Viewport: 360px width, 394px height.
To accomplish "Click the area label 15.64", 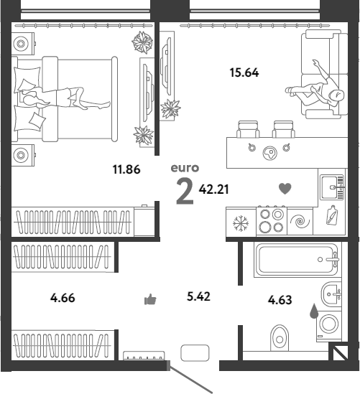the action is [244, 72].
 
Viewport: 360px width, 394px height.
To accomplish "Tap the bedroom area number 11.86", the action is [126, 169].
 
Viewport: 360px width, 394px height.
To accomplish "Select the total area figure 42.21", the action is [214, 189].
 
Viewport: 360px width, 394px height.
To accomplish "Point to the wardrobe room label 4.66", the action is [63, 298].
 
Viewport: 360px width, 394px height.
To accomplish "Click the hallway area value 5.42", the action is [198, 296].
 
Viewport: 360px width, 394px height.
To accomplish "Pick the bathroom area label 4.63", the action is [280, 300].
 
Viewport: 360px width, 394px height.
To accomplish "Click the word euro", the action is [185, 168].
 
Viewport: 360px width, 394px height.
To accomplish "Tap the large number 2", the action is [185, 191].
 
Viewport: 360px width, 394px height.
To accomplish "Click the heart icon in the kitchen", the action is [285, 189].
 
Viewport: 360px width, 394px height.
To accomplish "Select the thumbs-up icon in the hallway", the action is [150, 299].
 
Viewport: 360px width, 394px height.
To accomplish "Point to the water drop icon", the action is [314, 311].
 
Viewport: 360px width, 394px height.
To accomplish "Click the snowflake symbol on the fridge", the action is [241, 223].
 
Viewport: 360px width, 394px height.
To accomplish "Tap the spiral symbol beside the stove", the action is [300, 221].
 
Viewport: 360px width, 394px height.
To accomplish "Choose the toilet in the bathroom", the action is [280, 338].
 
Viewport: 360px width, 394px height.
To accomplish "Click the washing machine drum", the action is [328, 323].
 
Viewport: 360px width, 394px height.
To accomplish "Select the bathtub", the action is [297, 260].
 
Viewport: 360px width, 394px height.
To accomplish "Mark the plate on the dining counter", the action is [270, 153].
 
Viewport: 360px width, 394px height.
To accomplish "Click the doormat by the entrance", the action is [195, 353].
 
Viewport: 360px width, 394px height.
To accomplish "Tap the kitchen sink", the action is [332, 187].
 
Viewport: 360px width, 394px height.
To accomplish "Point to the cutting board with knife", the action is [332, 215].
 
